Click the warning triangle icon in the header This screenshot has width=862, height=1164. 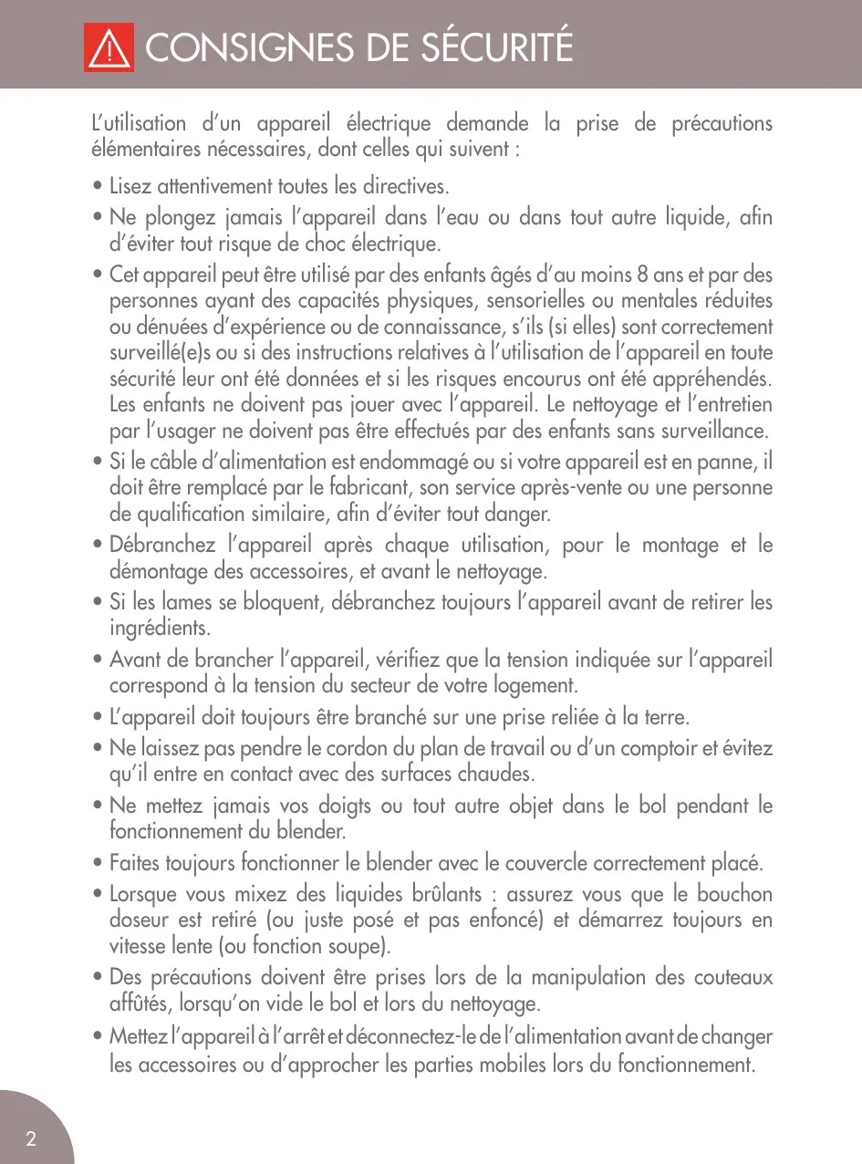[109, 47]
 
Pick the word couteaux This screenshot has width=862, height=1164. [731, 977]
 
